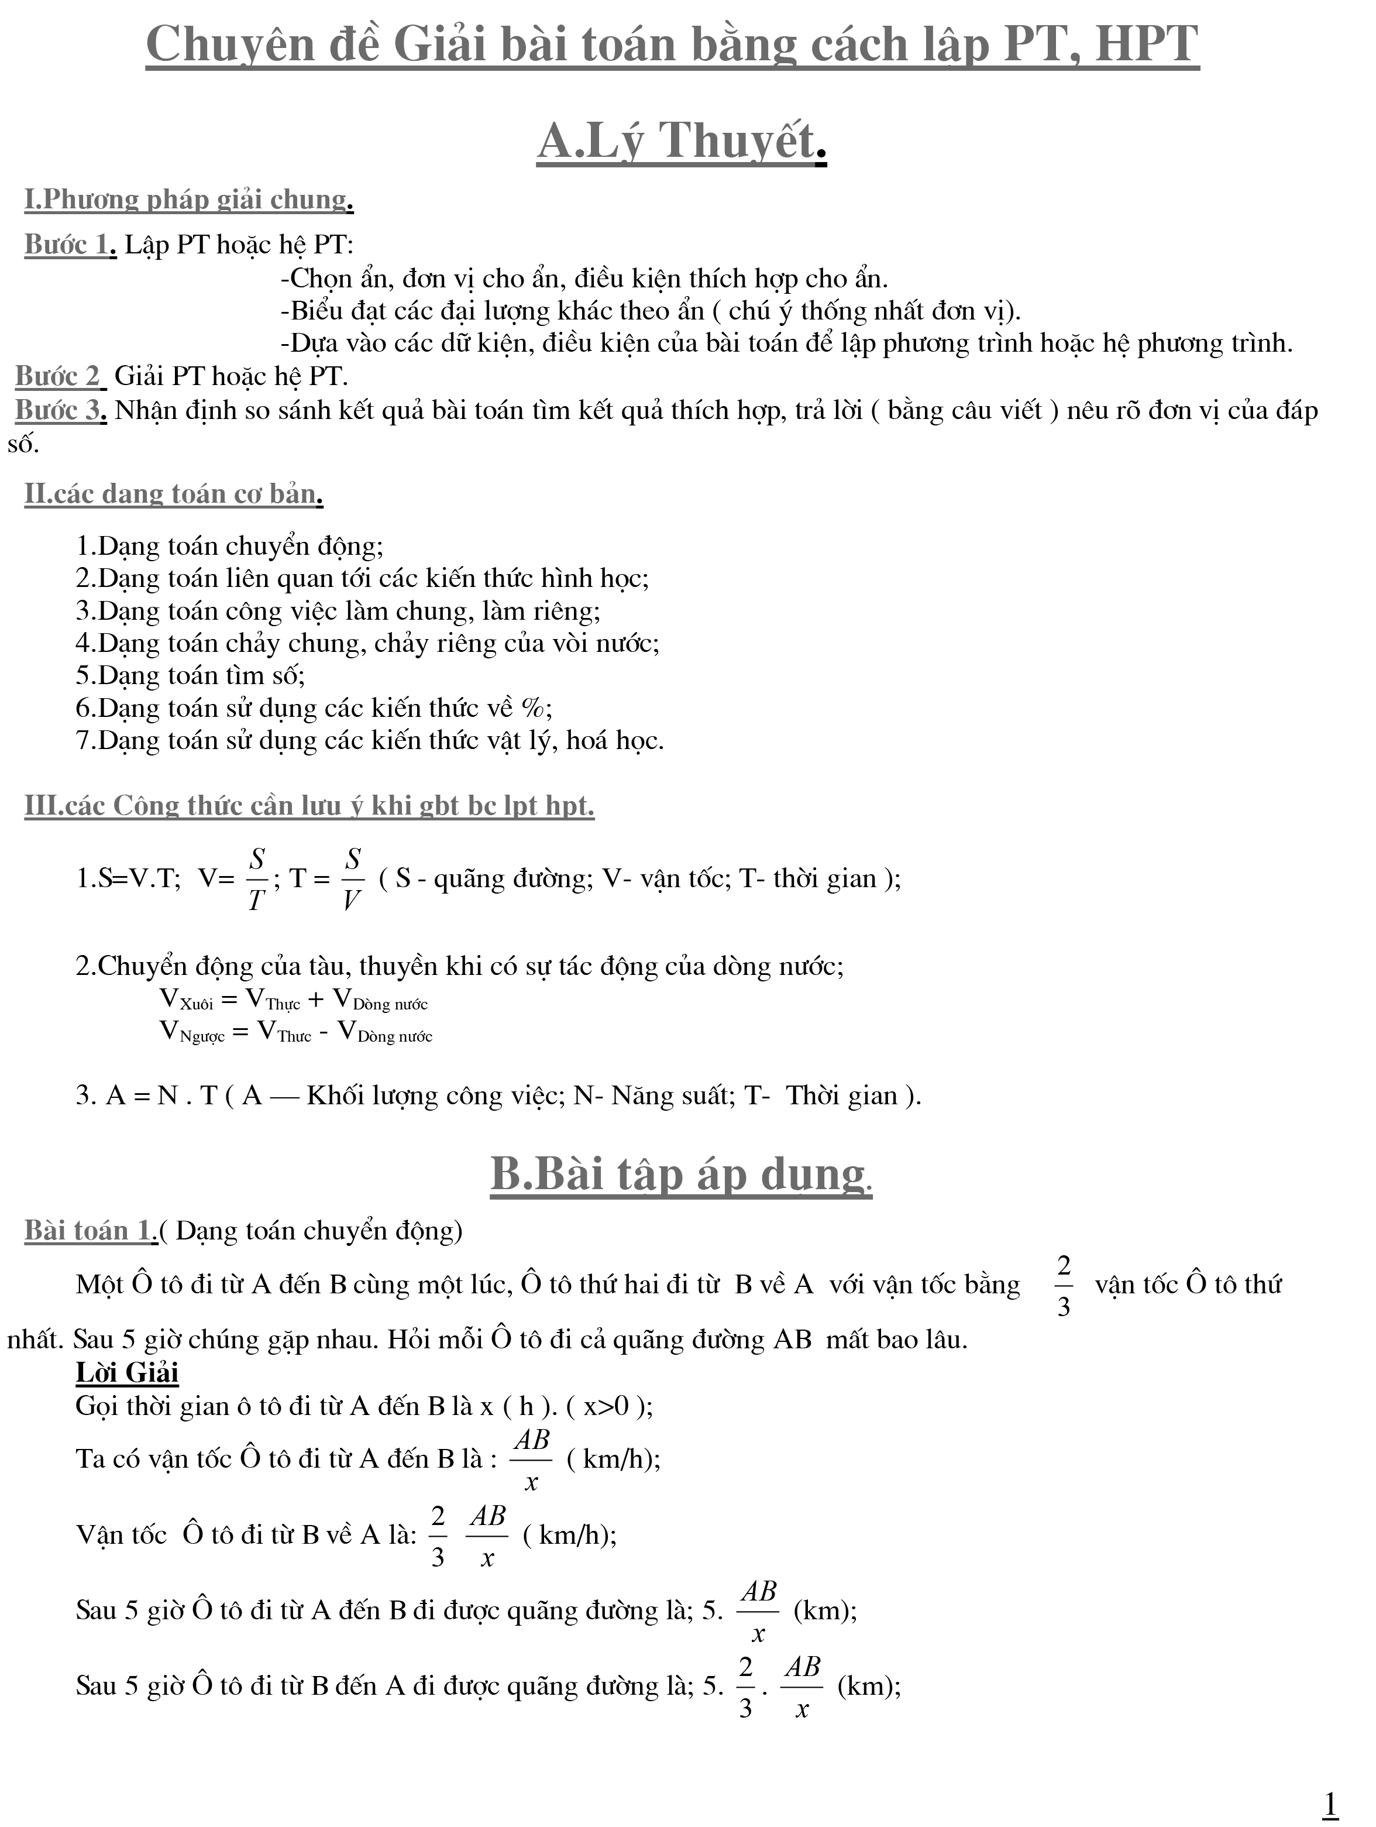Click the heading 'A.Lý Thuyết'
click(x=682, y=141)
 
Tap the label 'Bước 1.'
click(x=70, y=245)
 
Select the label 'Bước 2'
click(x=60, y=377)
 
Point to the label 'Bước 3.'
click(x=61, y=410)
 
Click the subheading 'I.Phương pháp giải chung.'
click(x=189, y=200)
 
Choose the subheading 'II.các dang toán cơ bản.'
click(x=173, y=494)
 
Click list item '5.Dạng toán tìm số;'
click(x=191, y=676)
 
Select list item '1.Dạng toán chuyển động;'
click(x=229, y=546)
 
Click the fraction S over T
click(x=257, y=879)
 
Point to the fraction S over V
click(x=353, y=879)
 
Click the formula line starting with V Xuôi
click(x=293, y=1000)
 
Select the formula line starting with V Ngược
click(x=295, y=1032)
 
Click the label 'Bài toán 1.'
click(x=90, y=1231)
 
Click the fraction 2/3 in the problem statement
click(x=1064, y=1286)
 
